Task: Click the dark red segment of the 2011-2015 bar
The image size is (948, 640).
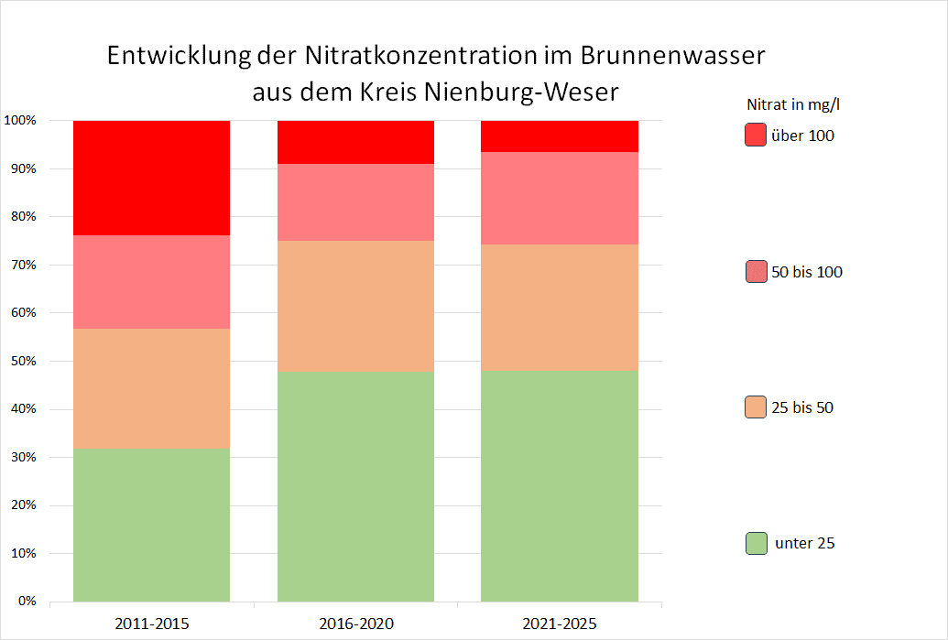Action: (151, 178)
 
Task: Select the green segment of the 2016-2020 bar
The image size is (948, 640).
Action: (355, 486)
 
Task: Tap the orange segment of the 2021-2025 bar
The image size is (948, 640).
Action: (560, 308)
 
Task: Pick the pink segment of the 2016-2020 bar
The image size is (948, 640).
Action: (355, 202)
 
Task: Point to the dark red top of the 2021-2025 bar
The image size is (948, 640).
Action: (560, 136)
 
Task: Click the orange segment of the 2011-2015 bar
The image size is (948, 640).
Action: (151, 388)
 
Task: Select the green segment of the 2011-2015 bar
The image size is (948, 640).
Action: (151, 525)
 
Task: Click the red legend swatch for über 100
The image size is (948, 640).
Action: (756, 136)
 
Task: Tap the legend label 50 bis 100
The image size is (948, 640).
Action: (807, 272)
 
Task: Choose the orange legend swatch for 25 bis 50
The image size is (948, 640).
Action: (756, 407)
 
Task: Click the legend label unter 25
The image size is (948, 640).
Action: (804, 543)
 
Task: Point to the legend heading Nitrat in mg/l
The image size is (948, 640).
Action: (793, 104)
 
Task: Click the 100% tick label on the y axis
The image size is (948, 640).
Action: (20, 121)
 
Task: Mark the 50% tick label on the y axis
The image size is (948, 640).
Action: (23, 361)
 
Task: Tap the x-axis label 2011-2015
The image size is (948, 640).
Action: (151, 624)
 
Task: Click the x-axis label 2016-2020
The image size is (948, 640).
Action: (355, 624)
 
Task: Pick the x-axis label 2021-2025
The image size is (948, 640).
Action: (560, 624)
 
